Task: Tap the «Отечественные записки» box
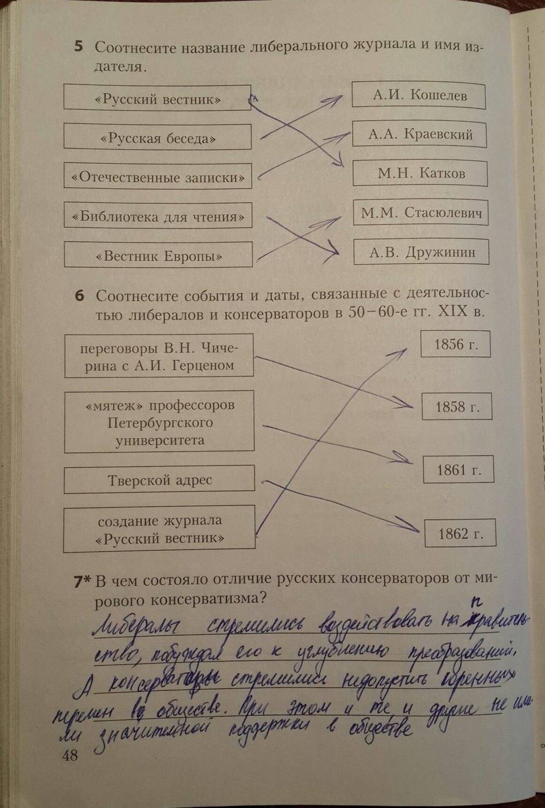tap(158, 177)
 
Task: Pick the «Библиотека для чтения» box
tap(158, 216)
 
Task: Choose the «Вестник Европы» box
tap(158, 256)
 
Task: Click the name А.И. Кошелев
tap(419, 95)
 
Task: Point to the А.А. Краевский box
tap(419, 134)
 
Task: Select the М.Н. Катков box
tap(420, 173)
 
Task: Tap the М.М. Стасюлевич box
tap(421, 212)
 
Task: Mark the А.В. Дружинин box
tap(421, 252)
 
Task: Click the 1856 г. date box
tap(455, 344)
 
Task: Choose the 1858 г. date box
tap(457, 407)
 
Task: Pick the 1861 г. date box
tap(458, 470)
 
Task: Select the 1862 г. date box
tap(460, 533)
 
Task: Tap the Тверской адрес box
tap(159, 480)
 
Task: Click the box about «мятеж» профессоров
tap(159, 422)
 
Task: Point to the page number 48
tap(70, 755)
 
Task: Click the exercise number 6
tap(80, 296)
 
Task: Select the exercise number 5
tap(79, 47)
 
